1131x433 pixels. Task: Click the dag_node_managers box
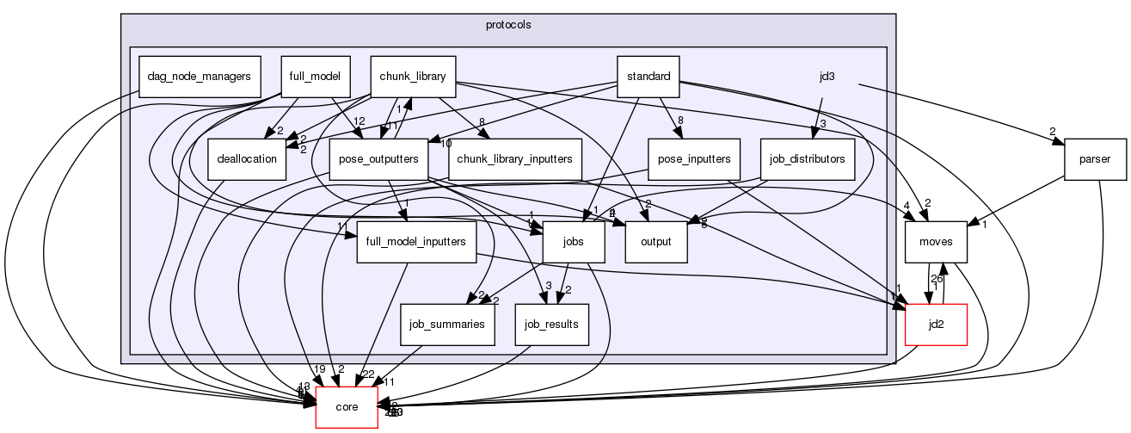click(x=199, y=76)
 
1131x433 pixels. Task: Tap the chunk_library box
click(x=413, y=76)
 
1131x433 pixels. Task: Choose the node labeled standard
click(x=648, y=76)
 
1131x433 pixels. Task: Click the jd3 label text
click(x=827, y=76)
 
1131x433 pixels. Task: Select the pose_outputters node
click(x=379, y=158)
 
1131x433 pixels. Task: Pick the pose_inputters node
click(x=694, y=158)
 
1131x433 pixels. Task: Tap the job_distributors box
click(x=808, y=158)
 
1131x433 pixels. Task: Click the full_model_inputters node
click(x=415, y=241)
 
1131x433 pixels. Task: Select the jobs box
click(x=574, y=241)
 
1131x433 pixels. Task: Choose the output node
click(x=656, y=241)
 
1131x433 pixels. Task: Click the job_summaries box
click(x=446, y=324)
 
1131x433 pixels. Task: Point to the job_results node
click(x=551, y=324)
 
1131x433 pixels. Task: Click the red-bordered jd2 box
click(x=937, y=324)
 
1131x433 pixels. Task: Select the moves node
click(x=937, y=241)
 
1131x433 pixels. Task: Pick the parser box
click(x=1096, y=158)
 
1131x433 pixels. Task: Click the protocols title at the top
click(x=507, y=24)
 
